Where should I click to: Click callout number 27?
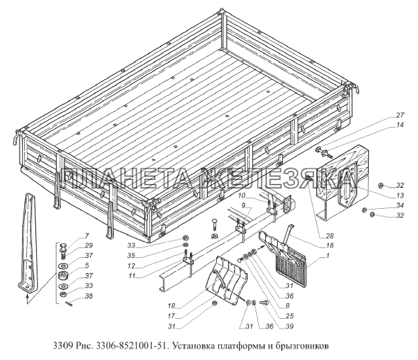400,115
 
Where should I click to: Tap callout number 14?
400,125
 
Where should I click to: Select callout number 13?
400,196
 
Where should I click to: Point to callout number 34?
400,206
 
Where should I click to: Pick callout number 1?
328,256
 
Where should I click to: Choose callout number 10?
242,196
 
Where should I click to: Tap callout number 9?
243,206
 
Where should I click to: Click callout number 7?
87,236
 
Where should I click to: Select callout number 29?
88,245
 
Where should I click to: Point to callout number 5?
87,266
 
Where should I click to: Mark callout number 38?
88,296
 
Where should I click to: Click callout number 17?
171,316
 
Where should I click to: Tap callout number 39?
289,326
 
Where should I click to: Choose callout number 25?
289,315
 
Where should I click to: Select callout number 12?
131,266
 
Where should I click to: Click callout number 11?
132,276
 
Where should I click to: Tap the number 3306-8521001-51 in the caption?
132,346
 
